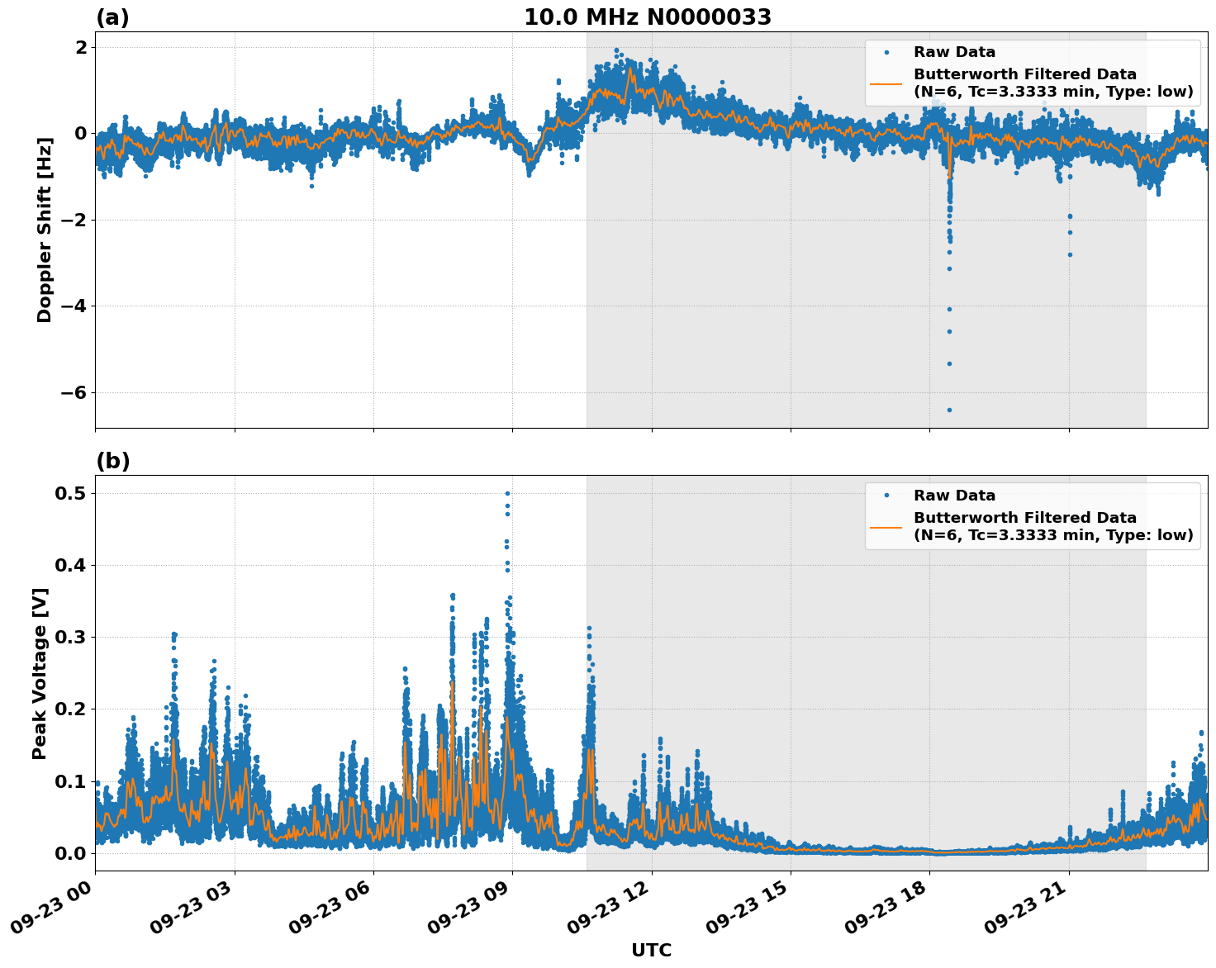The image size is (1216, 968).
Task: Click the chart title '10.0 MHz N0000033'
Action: click(648, 17)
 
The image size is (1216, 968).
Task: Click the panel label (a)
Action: click(112, 17)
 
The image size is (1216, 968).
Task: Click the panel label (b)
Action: click(112, 461)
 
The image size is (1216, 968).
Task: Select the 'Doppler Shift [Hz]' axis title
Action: click(45, 230)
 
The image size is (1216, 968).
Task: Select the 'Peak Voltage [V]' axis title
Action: click(40, 673)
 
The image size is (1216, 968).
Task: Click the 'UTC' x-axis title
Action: click(651, 951)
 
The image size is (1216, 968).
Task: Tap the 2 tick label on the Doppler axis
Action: click(80, 47)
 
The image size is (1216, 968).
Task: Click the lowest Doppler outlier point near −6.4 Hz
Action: click(949, 410)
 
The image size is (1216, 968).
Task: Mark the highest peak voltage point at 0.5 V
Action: click(507, 493)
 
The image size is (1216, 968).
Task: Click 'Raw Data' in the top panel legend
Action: click(954, 52)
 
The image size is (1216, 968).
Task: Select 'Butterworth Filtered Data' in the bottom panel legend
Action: click(1024, 518)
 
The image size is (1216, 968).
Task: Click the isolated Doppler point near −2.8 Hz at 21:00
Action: click(1070, 254)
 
